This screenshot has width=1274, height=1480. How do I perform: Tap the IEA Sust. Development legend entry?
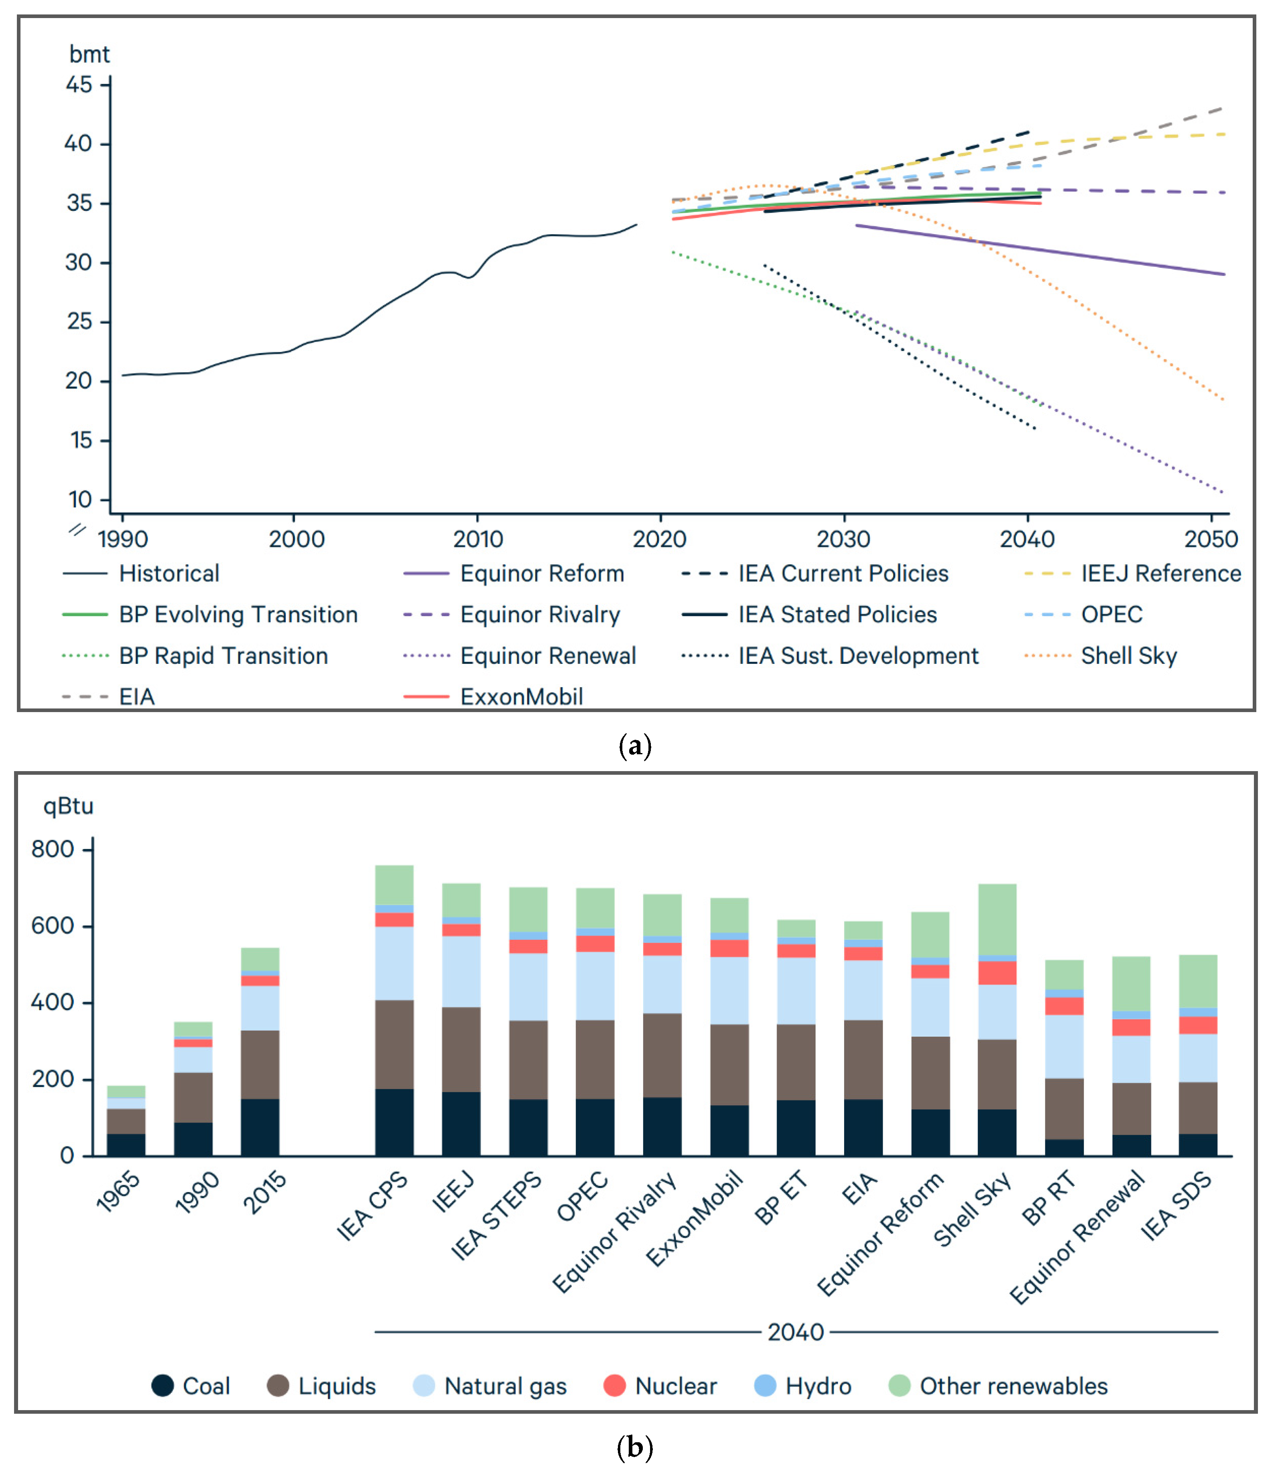857,656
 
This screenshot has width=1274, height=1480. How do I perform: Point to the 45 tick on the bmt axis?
79,85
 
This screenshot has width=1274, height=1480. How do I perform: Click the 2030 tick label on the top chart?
843,539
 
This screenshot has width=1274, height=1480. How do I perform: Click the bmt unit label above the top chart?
89,54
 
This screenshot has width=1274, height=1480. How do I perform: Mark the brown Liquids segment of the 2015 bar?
260,1064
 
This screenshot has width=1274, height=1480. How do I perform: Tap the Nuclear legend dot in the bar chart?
614,1386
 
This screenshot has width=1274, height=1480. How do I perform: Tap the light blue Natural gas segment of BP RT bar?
1064,1046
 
